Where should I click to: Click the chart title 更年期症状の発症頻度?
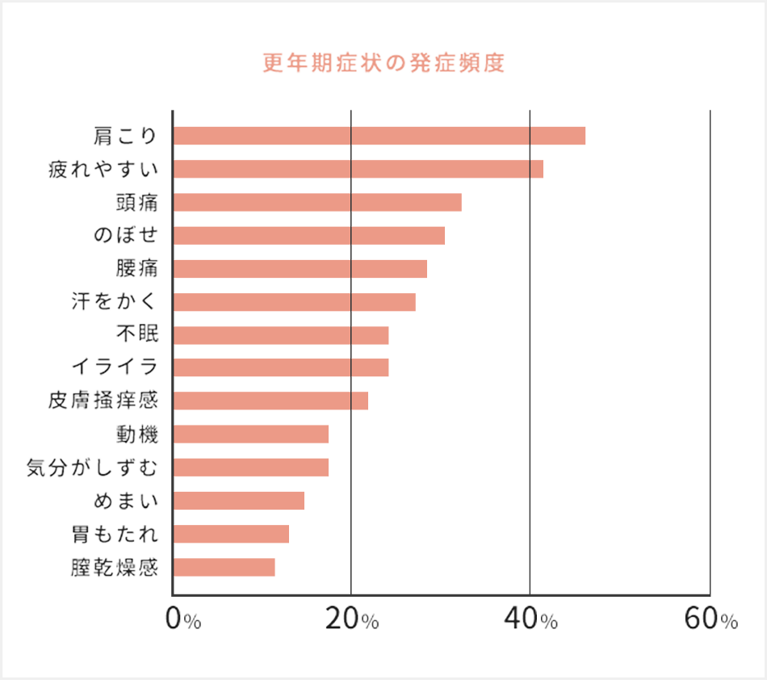tap(383, 64)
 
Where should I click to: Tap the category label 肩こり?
tap(125, 136)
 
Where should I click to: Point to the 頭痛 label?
tap(136, 203)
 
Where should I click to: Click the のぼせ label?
tap(125, 236)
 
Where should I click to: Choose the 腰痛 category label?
tap(136, 269)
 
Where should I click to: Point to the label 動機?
tap(136, 434)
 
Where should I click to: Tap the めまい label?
tap(125, 501)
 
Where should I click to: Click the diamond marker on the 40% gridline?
tap(530, 152)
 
